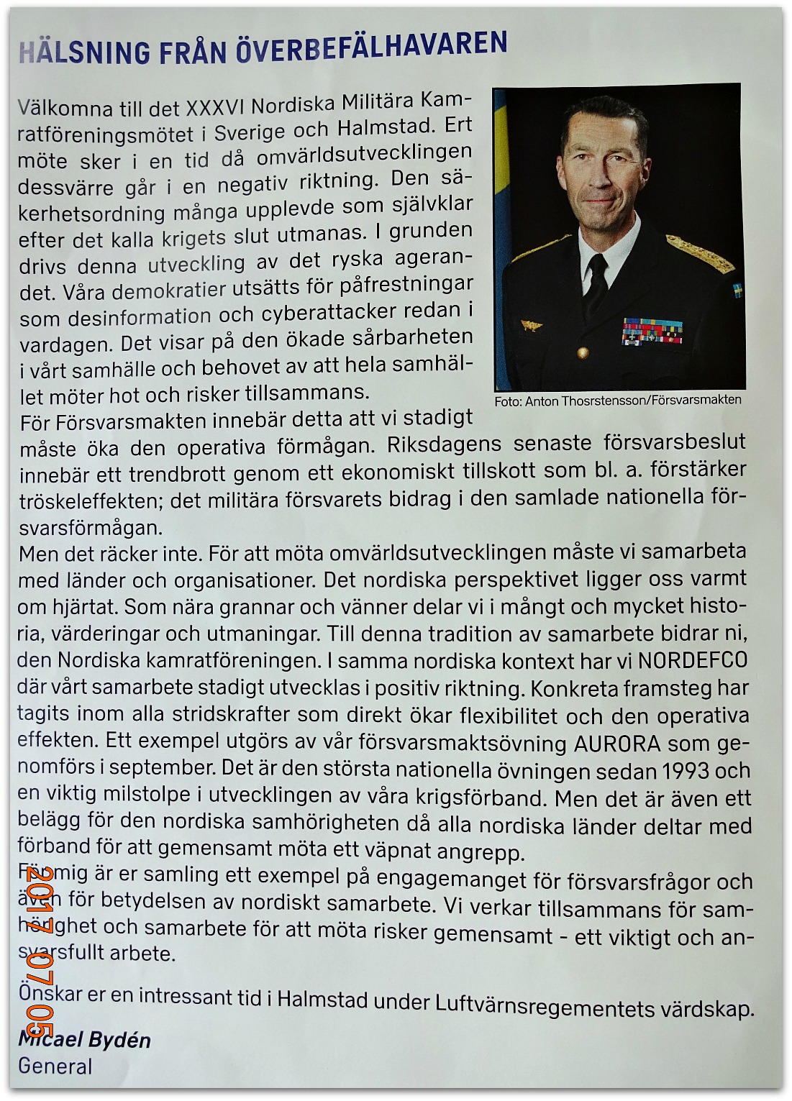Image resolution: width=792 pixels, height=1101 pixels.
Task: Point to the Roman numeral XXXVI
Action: pyautogui.click(x=215, y=107)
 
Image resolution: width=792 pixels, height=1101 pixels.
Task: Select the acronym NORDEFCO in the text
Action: pyautogui.click(x=693, y=660)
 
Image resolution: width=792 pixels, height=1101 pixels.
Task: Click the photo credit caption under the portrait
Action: pyautogui.click(x=617, y=401)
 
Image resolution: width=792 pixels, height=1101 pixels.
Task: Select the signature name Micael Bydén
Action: pyautogui.click(x=85, y=1040)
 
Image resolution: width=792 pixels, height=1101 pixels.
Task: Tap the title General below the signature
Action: pyautogui.click(x=55, y=1066)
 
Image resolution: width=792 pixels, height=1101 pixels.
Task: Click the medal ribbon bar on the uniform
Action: pyautogui.click(x=652, y=332)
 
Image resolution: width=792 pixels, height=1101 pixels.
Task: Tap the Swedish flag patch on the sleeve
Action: pyautogui.click(x=737, y=291)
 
